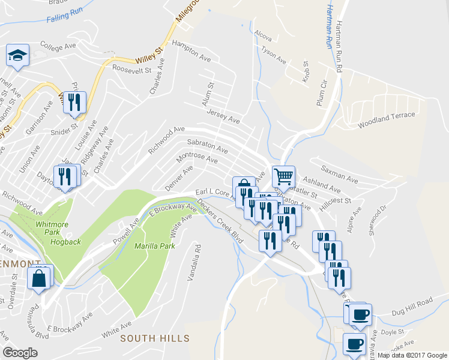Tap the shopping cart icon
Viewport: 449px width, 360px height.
[283, 176]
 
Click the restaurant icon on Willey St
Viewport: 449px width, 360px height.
[74, 102]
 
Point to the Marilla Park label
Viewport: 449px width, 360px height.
[154, 246]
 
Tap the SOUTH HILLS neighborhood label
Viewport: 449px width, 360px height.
[155, 338]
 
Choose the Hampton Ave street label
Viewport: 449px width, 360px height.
[191, 52]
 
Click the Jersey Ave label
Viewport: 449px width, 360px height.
[223, 116]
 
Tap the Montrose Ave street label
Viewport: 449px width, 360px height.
[196, 157]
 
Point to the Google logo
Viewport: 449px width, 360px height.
[20, 353]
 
